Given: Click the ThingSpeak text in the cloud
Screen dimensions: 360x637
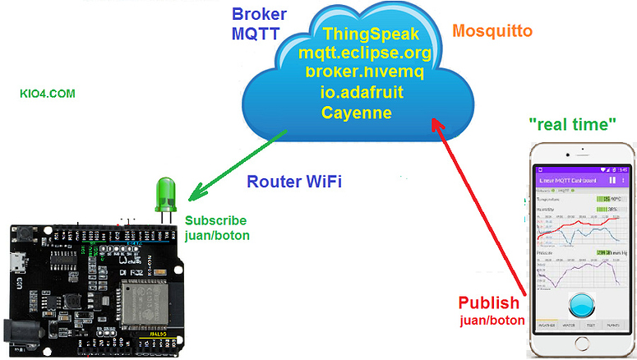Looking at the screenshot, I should (x=371, y=35).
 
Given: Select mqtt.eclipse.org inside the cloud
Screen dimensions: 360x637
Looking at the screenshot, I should (x=365, y=53).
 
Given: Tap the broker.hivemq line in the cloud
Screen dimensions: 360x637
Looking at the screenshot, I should (x=364, y=72).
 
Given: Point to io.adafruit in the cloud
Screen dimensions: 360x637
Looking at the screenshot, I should (x=363, y=92).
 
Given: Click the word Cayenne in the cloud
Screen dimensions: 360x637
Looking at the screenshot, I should (x=356, y=111).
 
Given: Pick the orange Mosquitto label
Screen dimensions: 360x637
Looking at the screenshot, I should (x=492, y=31).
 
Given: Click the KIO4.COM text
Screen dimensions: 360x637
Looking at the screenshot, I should (x=48, y=95).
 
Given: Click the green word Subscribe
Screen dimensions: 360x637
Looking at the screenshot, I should (x=215, y=220).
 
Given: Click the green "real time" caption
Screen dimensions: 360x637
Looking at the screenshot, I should (x=573, y=124).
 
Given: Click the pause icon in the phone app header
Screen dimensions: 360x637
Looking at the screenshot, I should (x=611, y=179).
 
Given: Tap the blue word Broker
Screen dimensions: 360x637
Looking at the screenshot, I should (x=259, y=14).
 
